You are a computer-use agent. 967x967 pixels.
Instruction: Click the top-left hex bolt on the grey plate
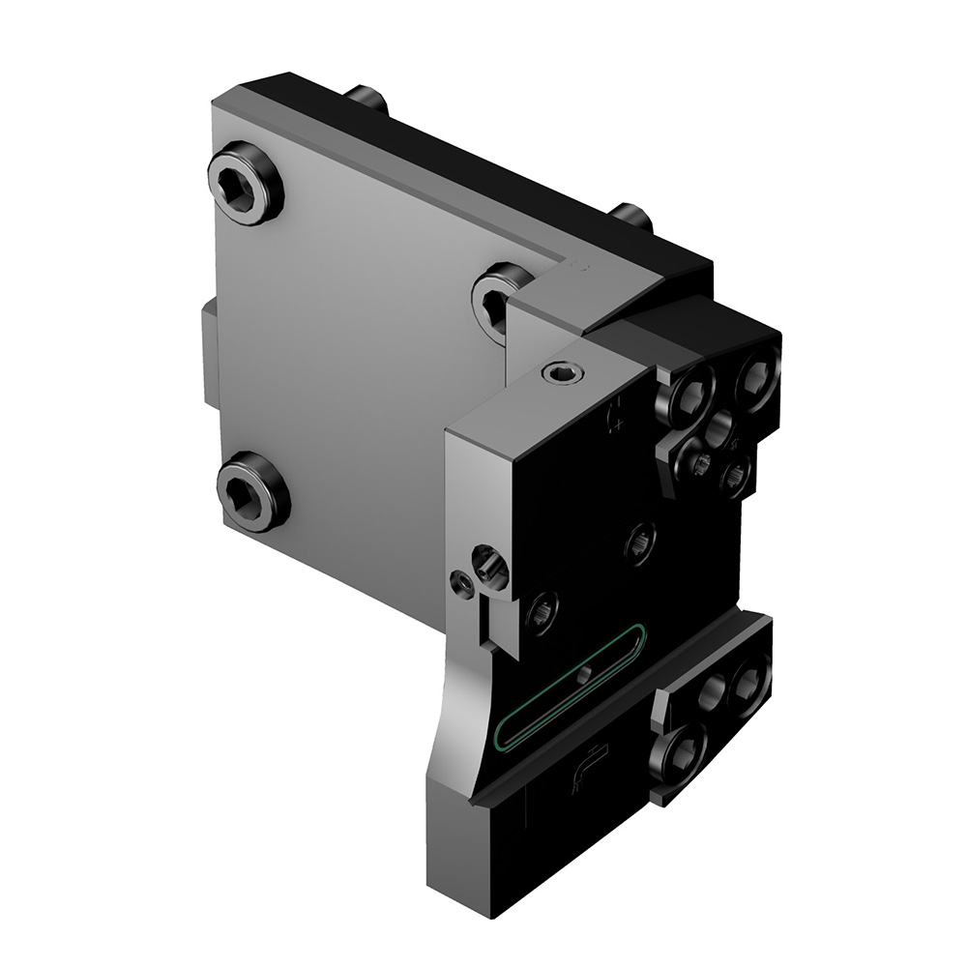tap(245, 183)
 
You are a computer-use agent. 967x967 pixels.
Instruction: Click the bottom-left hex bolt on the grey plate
tap(251, 491)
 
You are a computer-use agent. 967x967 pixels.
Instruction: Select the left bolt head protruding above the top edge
tap(367, 98)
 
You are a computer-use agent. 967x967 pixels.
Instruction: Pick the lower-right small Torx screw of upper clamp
tap(736, 474)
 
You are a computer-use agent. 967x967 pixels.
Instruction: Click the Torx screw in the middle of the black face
tap(639, 542)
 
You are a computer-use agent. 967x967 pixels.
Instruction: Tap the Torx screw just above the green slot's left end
tap(541, 612)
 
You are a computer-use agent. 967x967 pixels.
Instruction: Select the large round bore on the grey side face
tap(489, 569)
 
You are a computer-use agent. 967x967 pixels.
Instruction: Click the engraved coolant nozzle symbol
tap(587, 767)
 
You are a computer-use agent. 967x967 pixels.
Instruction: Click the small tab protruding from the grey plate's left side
tap(209, 353)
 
